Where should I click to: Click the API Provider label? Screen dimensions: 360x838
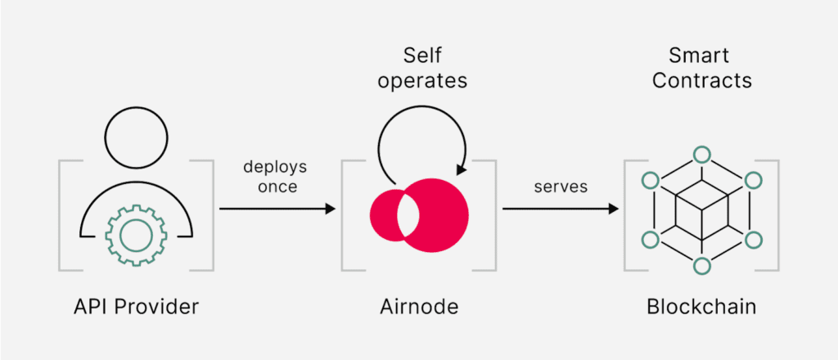pos(135,308)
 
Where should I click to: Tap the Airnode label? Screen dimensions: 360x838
pos(420,308)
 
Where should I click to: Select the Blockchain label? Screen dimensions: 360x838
pos(701,308)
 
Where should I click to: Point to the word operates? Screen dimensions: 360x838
pos(422,82)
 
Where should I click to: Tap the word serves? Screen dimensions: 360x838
pos(561,187)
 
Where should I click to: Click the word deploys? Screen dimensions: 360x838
pos(275,167)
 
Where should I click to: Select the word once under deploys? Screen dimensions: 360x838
pos(275,187)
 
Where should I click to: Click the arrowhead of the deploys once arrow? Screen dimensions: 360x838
pos(331,209)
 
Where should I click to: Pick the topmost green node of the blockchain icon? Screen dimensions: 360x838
pos(701,154)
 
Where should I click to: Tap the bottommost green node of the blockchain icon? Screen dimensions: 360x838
pos(701,266)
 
